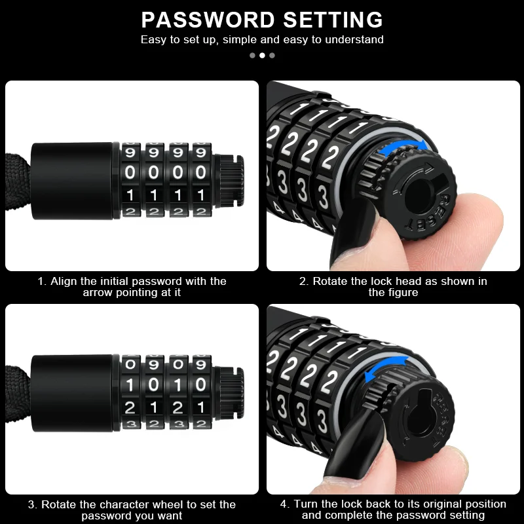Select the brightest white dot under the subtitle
[262, 55]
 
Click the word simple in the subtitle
[238, 39]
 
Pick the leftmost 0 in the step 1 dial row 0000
[130, 173]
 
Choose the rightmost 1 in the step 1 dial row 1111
[200, 195]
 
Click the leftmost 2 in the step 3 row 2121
[130, 407]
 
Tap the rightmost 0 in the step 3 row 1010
[200, 385]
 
